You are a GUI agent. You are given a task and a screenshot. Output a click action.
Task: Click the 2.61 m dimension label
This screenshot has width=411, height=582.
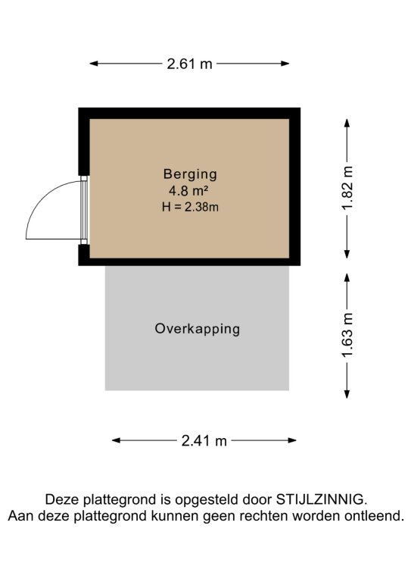189,64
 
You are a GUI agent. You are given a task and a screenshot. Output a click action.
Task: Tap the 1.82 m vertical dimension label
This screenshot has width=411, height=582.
347,189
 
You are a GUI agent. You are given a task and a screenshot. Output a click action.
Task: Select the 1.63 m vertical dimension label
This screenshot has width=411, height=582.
347,336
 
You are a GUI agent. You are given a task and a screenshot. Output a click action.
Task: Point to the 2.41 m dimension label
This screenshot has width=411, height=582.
204,440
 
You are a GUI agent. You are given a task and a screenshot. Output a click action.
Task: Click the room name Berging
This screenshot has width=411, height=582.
190,174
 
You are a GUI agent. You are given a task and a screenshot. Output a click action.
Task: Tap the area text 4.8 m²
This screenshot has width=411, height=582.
188,191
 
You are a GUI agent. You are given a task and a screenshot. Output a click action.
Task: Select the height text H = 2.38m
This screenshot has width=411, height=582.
190,207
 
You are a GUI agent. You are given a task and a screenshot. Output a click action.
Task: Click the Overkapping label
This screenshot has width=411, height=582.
197,329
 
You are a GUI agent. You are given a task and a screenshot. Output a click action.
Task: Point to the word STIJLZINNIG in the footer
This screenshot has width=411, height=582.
322,499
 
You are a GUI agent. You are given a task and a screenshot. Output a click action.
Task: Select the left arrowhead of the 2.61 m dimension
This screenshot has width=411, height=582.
93,64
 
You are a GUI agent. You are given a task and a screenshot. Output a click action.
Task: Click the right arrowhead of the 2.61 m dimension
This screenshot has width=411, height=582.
285,64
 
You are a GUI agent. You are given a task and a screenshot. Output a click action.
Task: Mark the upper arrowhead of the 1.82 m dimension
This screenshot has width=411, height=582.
347,123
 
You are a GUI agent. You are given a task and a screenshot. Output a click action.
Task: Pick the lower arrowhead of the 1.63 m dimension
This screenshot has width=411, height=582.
347,394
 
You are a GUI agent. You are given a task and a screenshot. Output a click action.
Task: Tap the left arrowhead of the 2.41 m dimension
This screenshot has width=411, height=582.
116,440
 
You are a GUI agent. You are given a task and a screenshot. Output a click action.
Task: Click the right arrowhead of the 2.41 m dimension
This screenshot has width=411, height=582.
292,440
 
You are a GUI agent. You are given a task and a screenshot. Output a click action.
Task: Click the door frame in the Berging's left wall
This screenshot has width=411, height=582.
85,210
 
